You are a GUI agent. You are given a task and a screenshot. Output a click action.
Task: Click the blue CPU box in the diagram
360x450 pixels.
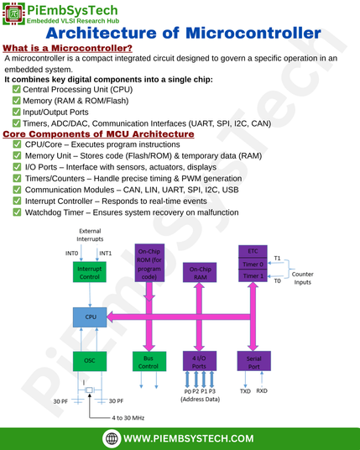(x=90, y=317)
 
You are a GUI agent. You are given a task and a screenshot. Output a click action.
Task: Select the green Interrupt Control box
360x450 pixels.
(x=90, y=272)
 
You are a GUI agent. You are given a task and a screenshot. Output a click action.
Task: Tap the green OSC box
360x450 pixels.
(x=90, y=361)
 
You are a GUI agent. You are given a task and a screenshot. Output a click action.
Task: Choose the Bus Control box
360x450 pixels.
(x=149, y=361)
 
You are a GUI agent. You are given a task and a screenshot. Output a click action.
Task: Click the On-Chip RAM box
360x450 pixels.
(x=200, y=272)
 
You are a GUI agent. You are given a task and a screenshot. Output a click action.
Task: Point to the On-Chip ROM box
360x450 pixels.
(x=149, y=263)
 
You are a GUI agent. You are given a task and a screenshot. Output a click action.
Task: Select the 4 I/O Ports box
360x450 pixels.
(x=200, y=361)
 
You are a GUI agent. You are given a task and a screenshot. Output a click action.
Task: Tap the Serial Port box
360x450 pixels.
(x=254, y=361)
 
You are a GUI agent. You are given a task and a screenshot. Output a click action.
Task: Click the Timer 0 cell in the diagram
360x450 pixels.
(x=253, y=264)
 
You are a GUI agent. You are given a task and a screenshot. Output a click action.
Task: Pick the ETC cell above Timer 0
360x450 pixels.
(x=253, y=251)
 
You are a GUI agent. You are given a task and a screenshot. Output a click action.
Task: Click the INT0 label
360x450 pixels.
(x=71, y=254)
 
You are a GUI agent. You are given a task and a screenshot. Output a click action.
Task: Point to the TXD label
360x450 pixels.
(x=245, y=391)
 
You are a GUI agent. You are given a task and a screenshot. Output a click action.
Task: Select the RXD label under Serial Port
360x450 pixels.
(x=262, y=391)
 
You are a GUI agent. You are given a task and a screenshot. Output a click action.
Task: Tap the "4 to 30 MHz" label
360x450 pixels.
(x=128, y=418)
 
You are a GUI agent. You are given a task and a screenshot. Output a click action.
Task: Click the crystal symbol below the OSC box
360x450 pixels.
(x=90, y=390)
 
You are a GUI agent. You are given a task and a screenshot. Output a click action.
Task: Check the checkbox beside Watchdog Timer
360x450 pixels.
(x=17, y=212)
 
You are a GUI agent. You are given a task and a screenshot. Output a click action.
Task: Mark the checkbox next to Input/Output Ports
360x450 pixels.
(x=16, y=112)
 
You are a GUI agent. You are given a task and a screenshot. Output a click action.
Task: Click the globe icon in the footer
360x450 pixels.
(x=112, y=438)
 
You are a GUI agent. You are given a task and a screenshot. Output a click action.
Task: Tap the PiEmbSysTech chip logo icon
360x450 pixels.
(x=13, y=13)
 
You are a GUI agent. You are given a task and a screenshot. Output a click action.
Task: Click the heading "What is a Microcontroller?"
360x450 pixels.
(x=67, y=48)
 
